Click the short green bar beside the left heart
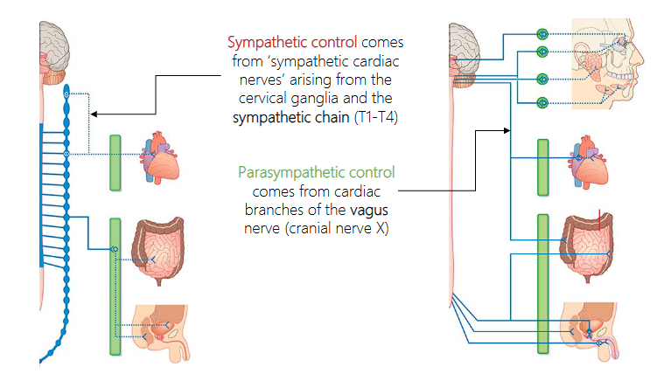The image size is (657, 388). coord(115,162)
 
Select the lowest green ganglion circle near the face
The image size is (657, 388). coord(542,102)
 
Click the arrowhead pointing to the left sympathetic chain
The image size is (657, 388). coord(94,114)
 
